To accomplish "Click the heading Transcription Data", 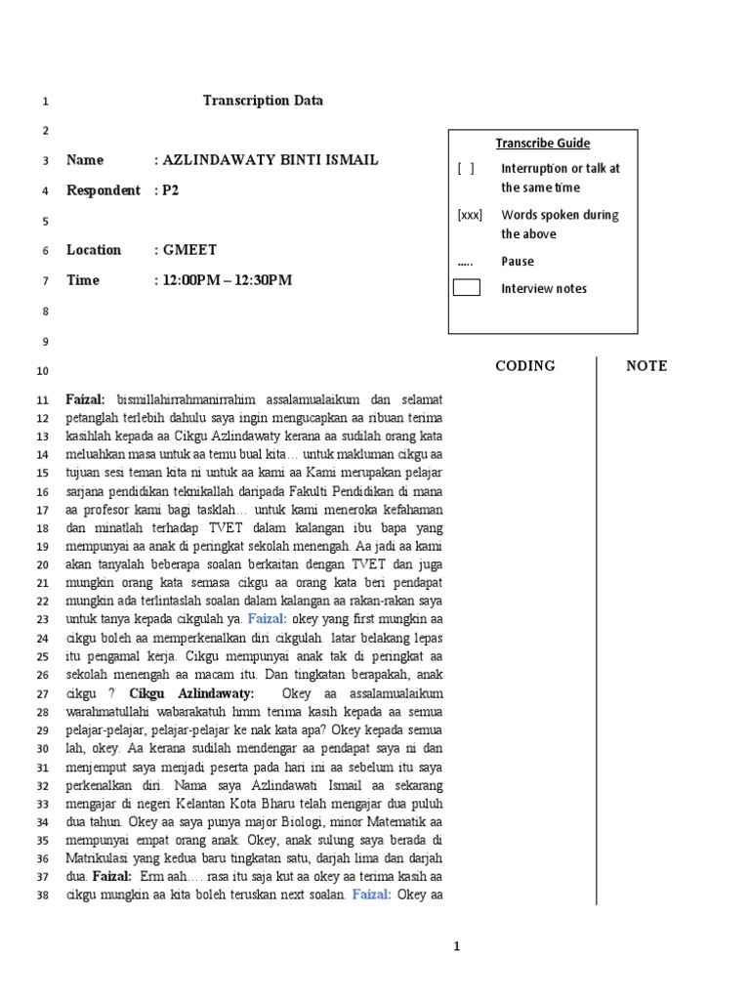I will [x=263, y=101].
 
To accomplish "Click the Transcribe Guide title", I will [x=542, y=144].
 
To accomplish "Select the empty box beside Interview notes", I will [x=467, y=288].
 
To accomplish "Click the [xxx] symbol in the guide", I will [x=470, y=215].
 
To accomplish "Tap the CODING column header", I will [x=525, y=366].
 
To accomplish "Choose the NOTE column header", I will [x=646, y=366].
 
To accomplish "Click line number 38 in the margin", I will [x=42, y=896].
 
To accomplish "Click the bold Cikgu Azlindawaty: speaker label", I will [x=191, y=693].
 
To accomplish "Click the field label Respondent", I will [x=104, y=190].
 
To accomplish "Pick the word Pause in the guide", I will [x=518, y=262].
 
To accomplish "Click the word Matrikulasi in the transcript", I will [x=104, y=859].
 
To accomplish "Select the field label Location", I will [x=94, y=250].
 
